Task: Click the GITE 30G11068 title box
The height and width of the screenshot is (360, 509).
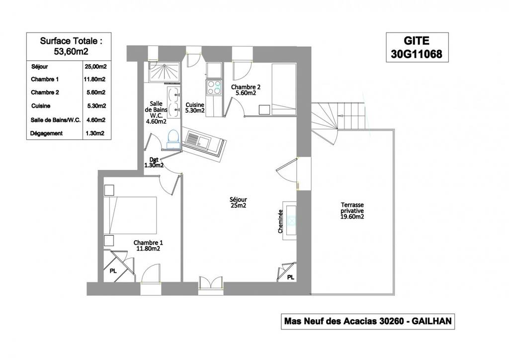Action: [x=417, y=47]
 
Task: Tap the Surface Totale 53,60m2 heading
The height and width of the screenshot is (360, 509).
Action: [x=71, y=46]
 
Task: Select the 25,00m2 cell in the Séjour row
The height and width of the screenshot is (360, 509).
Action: [x=96, y=67]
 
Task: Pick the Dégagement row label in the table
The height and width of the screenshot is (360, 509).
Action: [x=46, y=133]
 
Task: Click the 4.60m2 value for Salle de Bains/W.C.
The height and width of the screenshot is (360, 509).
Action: [x=96, y=120]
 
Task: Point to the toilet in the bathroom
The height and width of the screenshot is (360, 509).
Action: [x=173, y=139]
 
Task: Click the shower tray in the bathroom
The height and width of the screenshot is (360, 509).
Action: [x=164, y=73]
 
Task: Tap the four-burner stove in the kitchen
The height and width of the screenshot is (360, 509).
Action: [x=214, y=88]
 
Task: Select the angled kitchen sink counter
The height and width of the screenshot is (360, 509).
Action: [x=204, y=142]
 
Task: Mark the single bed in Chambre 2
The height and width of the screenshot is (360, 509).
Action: [x=284, y=90]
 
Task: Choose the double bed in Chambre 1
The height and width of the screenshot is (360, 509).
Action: [x=131, y=215]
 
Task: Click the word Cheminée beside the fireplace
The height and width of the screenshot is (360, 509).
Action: [x=280, y=221]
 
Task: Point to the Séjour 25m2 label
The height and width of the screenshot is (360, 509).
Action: [x=238, y=202]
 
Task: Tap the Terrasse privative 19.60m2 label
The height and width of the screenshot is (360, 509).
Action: [x=352, y=211]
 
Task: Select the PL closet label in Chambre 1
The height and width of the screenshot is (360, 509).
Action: [x=113, y=271]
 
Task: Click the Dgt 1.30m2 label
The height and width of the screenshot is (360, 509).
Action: [x=154, y=162]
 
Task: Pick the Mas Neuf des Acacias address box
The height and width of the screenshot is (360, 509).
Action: [x=368, y=321]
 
